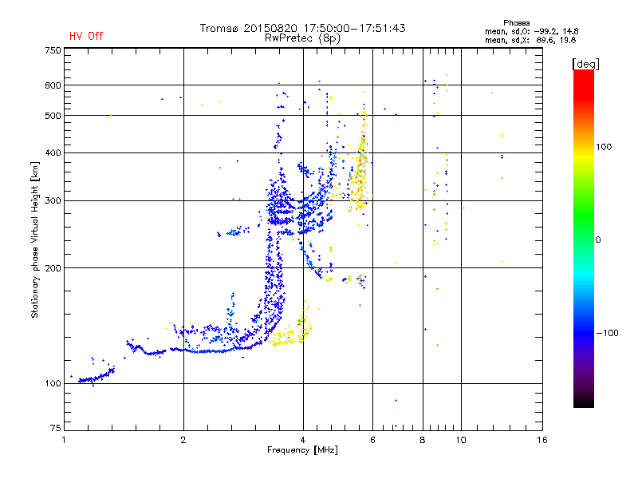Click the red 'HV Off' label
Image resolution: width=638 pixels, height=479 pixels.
pos(86,36)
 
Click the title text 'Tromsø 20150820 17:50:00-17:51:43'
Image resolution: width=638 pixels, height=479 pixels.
pos(302,28)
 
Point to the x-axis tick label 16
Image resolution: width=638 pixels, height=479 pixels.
pos(542,440)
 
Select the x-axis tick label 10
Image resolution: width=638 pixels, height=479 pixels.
pos(461,440)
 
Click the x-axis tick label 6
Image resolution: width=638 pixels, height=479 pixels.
pos(372,440)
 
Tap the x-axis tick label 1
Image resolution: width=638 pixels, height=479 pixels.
pos(64,440)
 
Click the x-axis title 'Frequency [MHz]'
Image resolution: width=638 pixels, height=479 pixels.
pos(302,451)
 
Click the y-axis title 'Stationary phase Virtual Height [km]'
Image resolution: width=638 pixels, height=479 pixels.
pos(35,239)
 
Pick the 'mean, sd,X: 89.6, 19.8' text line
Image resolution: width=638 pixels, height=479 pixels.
pos(530,40)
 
